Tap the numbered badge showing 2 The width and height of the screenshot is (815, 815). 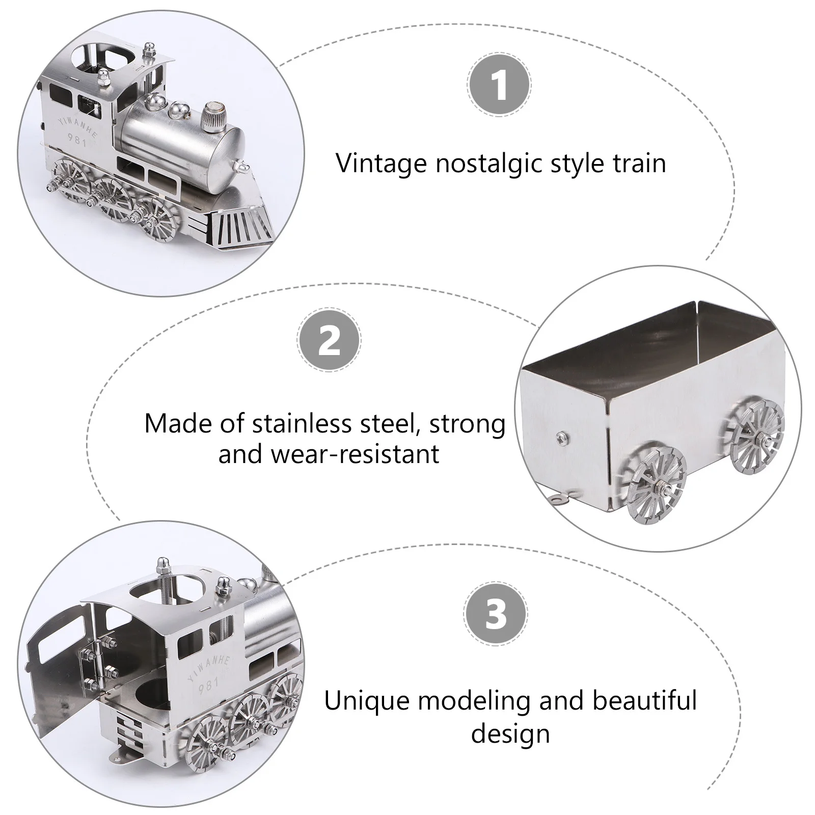pos(329,340)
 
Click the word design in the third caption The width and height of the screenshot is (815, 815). pos(510,733)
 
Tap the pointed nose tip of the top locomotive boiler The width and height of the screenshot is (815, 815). pos(242,166)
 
